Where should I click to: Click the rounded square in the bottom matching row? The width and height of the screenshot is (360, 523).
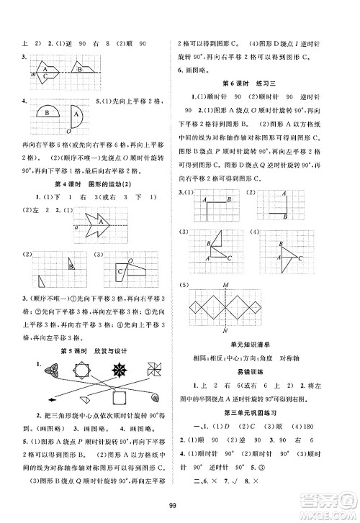point(117,397)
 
